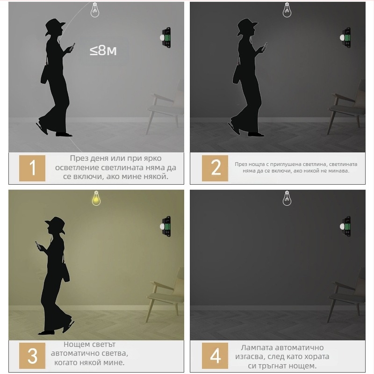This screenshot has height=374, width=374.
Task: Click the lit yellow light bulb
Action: pos(96,198)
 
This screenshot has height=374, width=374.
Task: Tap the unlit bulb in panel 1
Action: pos(95,10)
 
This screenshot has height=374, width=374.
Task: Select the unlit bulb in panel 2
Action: pos(287,10)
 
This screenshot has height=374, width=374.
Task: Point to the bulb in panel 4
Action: pos(287,198)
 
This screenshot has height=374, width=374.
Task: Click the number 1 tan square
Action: pos(32,168)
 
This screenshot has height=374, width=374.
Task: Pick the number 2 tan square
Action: pos(215,168)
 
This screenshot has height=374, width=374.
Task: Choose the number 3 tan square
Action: pos(32,356)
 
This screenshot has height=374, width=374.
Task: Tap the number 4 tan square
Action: pos(215,356)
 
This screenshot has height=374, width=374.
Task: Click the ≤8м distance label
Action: pos(103,50)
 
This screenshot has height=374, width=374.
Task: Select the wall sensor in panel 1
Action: pos(165,38)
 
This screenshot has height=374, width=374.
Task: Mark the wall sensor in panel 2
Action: pos(345,38)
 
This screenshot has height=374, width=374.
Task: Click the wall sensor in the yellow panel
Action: pos(165,226)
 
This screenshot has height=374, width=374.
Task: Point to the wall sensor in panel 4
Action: pos(345,226)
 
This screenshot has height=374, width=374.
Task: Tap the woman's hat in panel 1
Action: pos(55,26)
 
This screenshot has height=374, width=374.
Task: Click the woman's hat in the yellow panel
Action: pos(56,224)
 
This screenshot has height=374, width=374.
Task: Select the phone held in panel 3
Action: pos(38,245)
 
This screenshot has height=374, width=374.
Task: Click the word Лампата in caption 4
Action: pos(257,347)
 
